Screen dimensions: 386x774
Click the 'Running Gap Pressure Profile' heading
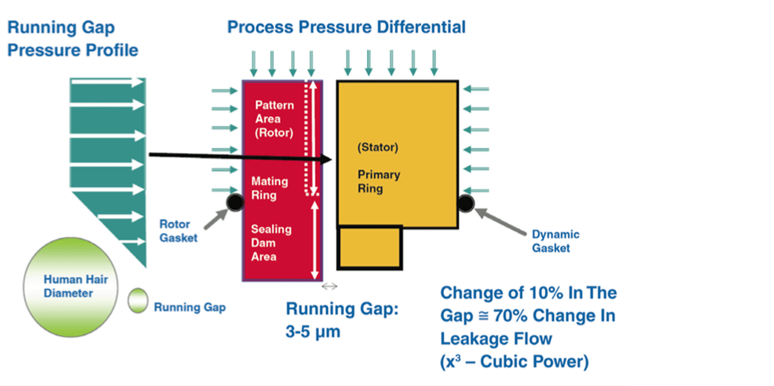72,38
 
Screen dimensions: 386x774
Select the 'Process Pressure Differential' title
346,27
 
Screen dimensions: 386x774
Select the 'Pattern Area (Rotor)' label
274,119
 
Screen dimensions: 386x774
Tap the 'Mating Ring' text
269,188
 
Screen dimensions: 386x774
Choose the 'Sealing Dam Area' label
270,243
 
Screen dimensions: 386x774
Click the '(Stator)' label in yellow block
378,148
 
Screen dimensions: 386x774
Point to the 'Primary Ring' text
378,181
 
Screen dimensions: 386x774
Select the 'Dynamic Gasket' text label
555,241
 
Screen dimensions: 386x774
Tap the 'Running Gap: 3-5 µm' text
342,320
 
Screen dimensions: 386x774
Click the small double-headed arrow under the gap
330,286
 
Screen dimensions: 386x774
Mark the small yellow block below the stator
370,248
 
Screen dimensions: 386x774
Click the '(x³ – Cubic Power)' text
514,362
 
